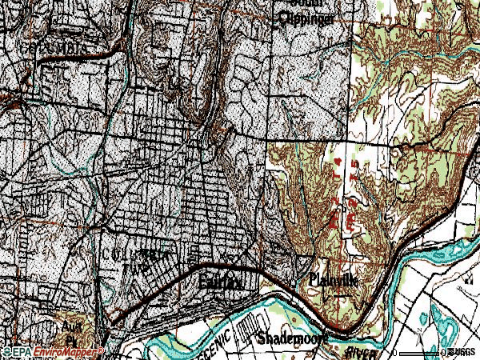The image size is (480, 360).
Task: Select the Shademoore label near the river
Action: (292, 338)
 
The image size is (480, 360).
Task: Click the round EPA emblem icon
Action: (7, 352)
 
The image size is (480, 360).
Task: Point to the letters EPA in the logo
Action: (23, 352)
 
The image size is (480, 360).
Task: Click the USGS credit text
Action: (463, 352)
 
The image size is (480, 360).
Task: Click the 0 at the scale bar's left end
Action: (395, 352)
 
